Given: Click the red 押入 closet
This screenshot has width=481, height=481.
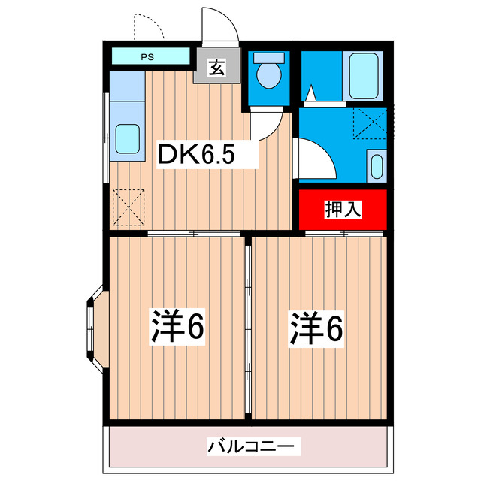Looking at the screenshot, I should (x=343, y=209).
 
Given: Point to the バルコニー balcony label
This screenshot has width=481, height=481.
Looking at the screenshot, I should (x=244, y=446).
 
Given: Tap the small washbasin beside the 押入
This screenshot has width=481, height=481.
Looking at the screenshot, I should (x=377, y=165).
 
